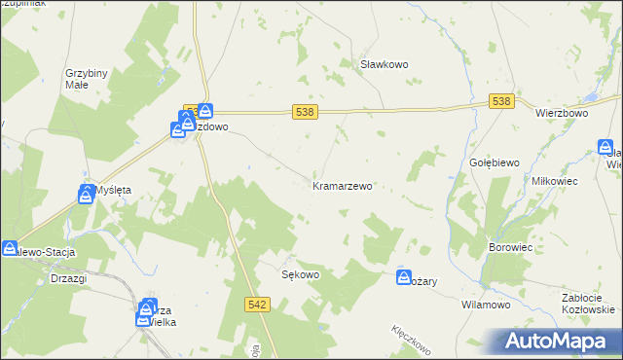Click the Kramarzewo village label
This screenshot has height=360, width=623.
coord(342,185)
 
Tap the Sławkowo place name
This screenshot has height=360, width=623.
coord(384,64)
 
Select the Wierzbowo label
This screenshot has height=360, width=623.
coord(564,113)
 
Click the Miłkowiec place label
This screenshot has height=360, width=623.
coord(556,181)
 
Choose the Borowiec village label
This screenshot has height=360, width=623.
coord(509,248)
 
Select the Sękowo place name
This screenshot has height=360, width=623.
coord(301,274)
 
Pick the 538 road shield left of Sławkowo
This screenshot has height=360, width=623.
coord(304,113)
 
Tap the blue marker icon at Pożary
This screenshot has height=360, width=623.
coord(404,278)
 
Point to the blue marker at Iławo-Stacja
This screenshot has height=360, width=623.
coord(10,249)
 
